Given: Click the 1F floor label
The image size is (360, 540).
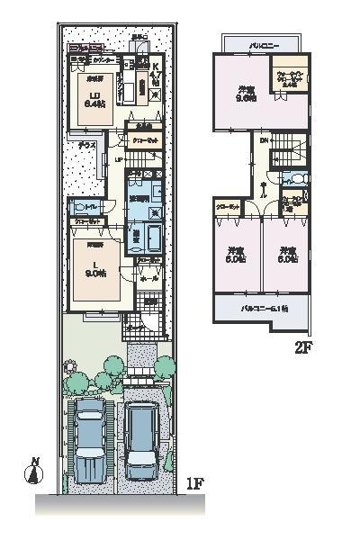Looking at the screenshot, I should pyautogui.click(x=195, y=484).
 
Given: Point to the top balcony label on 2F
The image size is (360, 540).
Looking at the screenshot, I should pyautogui.click(x=261, y=41).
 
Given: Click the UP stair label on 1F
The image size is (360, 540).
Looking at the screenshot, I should pyautogui.click(x=118, y=159).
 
